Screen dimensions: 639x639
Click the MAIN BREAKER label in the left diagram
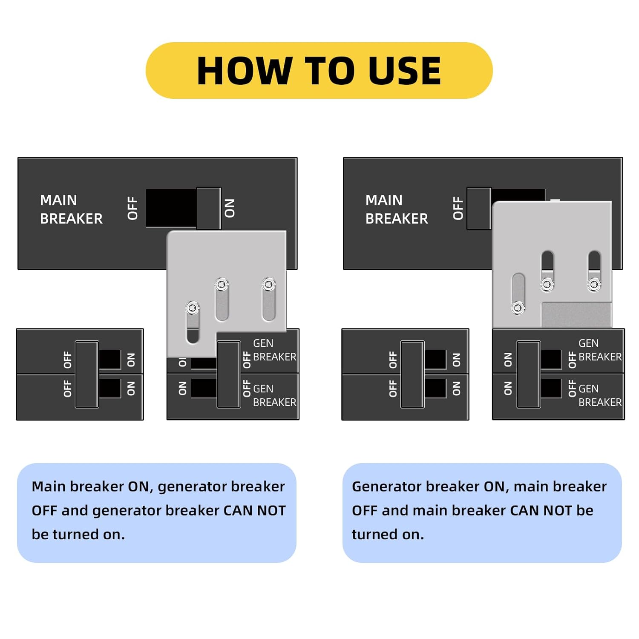coord(71,209)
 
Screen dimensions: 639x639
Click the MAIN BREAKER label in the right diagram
coord(397,209)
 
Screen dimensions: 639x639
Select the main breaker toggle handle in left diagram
coord(208,208)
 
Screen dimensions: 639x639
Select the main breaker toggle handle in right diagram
coord(479,208)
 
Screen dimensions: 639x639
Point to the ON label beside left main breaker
coord(230,208)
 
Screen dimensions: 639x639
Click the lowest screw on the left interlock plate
coord(193,307)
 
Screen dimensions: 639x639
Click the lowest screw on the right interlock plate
coord(518,307)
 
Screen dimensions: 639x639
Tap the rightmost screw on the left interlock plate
coord(269,284)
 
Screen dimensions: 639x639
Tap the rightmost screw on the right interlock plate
coord(594,284)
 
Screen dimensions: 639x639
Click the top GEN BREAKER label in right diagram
coord(599,350)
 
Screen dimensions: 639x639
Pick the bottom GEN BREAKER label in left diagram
coord(274,395)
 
